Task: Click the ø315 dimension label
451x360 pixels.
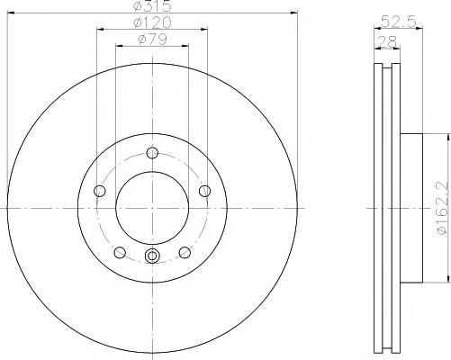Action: (x=152, y=5)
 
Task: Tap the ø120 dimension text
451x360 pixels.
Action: (x=152, y=22)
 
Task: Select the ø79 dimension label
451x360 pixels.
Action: (x=152, y=39)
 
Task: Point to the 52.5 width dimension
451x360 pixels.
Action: (x=399, y=22)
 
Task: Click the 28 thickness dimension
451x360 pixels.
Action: (x=387, y=41)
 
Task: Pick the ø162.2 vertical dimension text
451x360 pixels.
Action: (x=442, y=208)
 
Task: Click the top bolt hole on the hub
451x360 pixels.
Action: (x=152, y=153)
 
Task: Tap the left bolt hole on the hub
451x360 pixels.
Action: (x=100, y=191)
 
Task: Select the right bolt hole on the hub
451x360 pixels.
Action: (x=205, y=191)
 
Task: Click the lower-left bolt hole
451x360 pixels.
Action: (x=120, y=252)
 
